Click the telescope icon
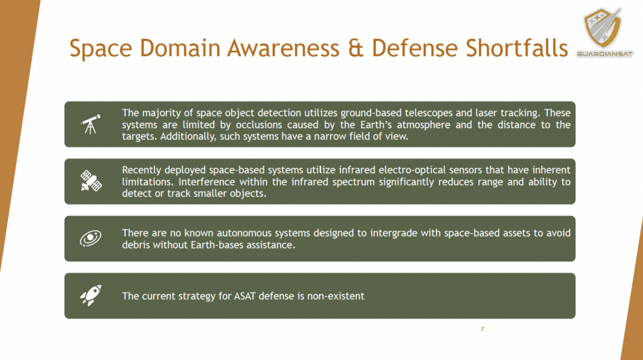coord(90,124)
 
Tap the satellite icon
coord(90,181)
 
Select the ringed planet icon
coord(90,238)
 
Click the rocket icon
coord(90,295)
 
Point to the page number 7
coord(482,329)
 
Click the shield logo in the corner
coord(603,28)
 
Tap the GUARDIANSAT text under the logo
coord(605,54)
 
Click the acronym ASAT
coord(245,296)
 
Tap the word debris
coord(136,245)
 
